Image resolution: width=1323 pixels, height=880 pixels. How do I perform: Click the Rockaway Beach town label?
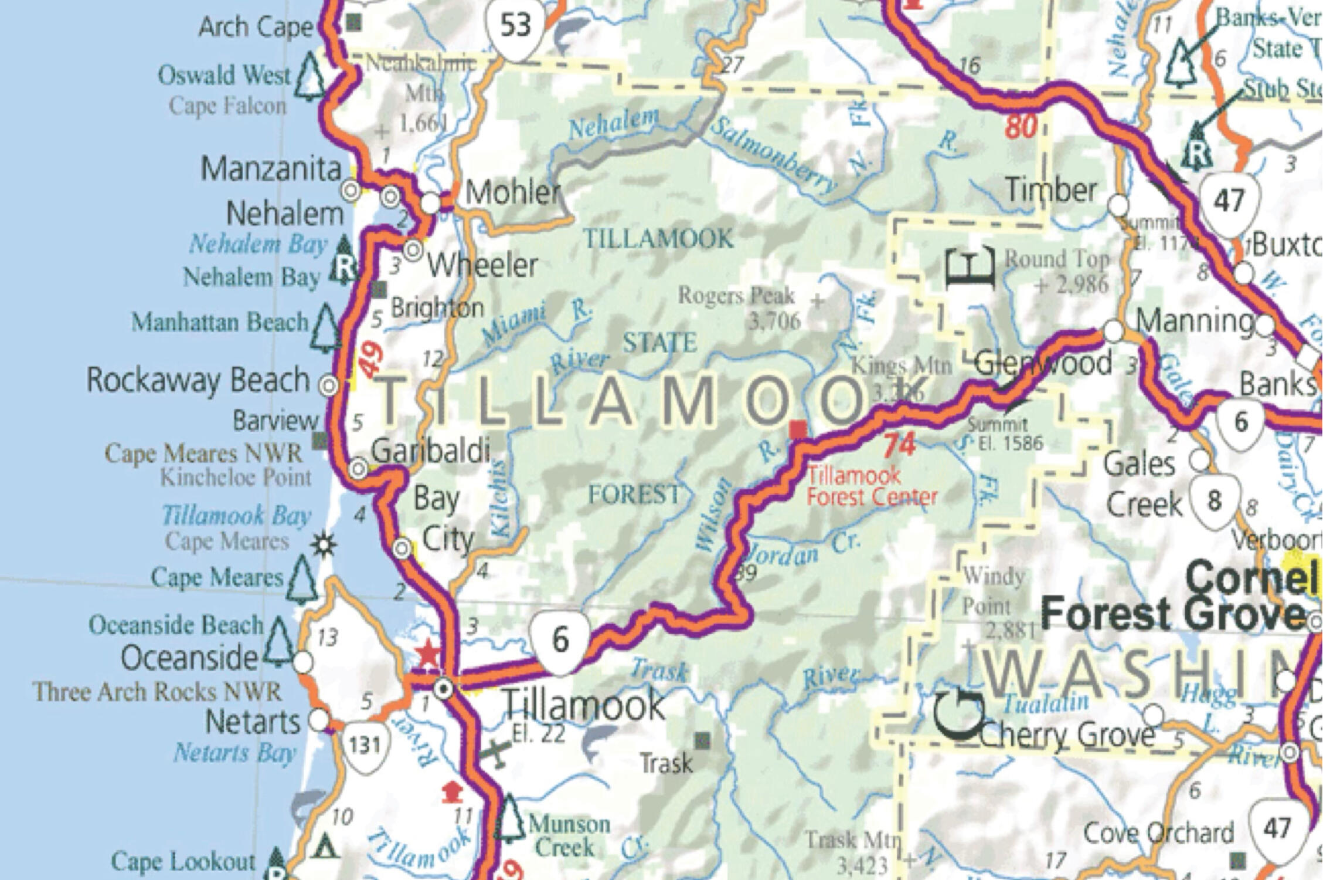198,380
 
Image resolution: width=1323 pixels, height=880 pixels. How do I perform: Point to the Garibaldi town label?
431,451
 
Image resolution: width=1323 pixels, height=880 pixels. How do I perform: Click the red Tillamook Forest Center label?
871,486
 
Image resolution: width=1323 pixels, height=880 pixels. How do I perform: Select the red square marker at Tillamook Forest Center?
798,430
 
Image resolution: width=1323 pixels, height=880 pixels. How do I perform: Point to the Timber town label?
1051,190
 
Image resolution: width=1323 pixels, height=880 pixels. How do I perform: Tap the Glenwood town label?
1043,363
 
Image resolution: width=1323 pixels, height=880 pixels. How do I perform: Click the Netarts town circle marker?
319,720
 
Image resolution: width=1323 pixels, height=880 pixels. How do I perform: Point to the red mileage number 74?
899,445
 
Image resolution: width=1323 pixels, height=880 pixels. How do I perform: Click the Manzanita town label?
271,170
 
